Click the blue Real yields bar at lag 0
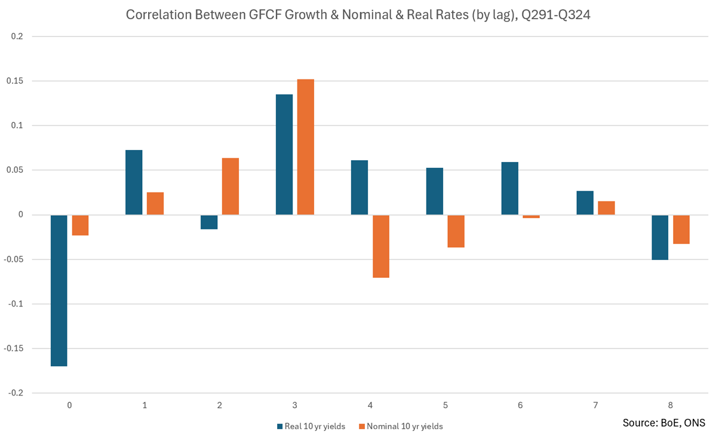coord(59,290)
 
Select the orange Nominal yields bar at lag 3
coord(305,147)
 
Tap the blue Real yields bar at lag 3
coord(284,155)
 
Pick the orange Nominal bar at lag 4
coord(380,246)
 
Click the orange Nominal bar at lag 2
coord(231,186)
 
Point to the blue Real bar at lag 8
coord(660,237)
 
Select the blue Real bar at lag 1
coord(134,182)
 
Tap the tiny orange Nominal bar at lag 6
coord(531,216)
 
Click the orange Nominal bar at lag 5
coord(456,231)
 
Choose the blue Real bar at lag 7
coord(585,203)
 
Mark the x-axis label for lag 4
coord(370,405)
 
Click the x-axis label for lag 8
coord(671,405)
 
